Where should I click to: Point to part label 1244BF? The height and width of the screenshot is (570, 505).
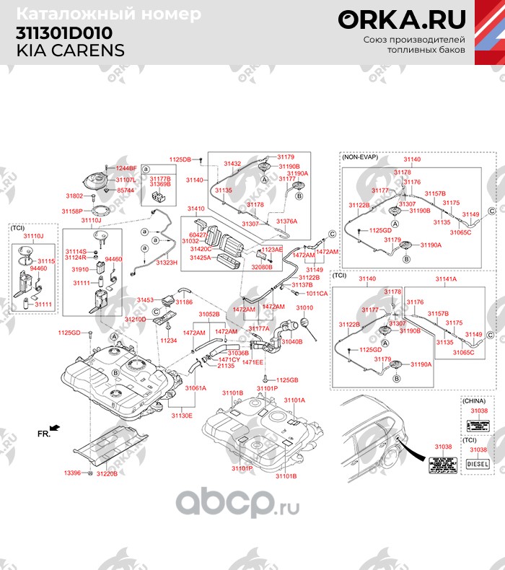126,168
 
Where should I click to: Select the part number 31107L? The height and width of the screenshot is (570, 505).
126,179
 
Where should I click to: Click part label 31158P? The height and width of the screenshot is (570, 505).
72,211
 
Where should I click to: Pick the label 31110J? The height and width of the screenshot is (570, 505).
33,236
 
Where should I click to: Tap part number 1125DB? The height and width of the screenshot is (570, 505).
180,159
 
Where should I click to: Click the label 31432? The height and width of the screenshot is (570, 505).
233,164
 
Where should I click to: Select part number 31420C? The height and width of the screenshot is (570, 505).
200,249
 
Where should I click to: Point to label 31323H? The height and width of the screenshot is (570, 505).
165,263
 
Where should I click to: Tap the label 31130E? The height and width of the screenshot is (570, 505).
181,416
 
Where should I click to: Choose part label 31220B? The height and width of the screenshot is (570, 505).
106,473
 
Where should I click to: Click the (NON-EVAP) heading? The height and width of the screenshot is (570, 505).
359,156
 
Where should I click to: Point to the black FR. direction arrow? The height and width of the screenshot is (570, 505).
56,428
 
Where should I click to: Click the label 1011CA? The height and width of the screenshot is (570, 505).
317,294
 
